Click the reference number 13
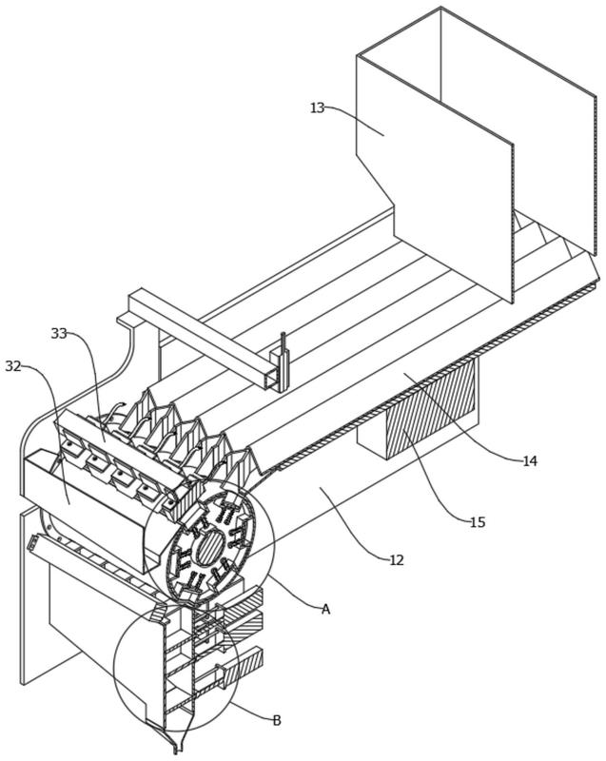317,107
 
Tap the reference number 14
530,460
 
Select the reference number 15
478,522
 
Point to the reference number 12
397,560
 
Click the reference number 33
59,334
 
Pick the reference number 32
13,366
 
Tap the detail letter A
325,609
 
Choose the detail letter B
277,720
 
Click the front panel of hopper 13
434,180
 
